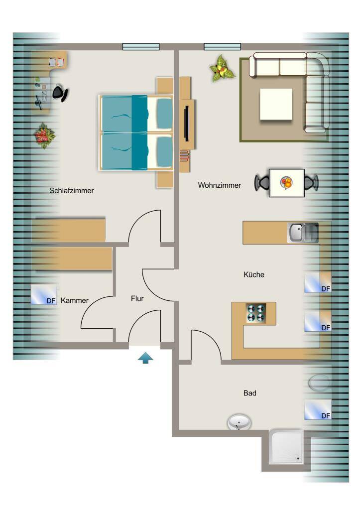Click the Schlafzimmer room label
(x=72, y=191)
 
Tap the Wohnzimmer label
(x=220, y=185)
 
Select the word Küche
(x=254, y=274)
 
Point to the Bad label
(x=250, y=393)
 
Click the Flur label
(x=137, y=299)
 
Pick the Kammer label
(x=75, y=300)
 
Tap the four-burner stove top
(x=256, y=313)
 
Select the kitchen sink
(x=303, y=233)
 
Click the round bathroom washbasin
(x=239, y=422)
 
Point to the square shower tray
(x=287, y=447)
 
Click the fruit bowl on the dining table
(x=286, y=183)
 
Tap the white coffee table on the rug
(x=276, y=104)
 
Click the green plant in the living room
(x=222, y=69)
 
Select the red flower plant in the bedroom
(x=44, y=135)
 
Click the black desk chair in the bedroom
(x=60, y=93)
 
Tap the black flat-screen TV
(x=187, y=124)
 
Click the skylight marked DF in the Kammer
(x=44, y=295)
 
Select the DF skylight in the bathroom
(x=318, y=409)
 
